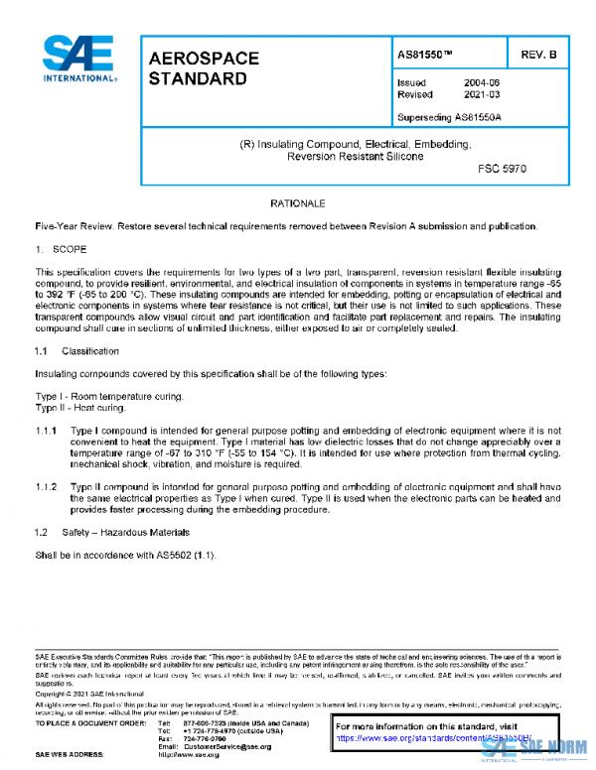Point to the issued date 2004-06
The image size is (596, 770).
point(483,83)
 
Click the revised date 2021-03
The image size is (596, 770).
point(483,95)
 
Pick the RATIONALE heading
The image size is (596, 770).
point(298,203)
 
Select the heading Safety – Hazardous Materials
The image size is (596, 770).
point(126,533)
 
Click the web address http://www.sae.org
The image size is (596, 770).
point(201,755)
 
